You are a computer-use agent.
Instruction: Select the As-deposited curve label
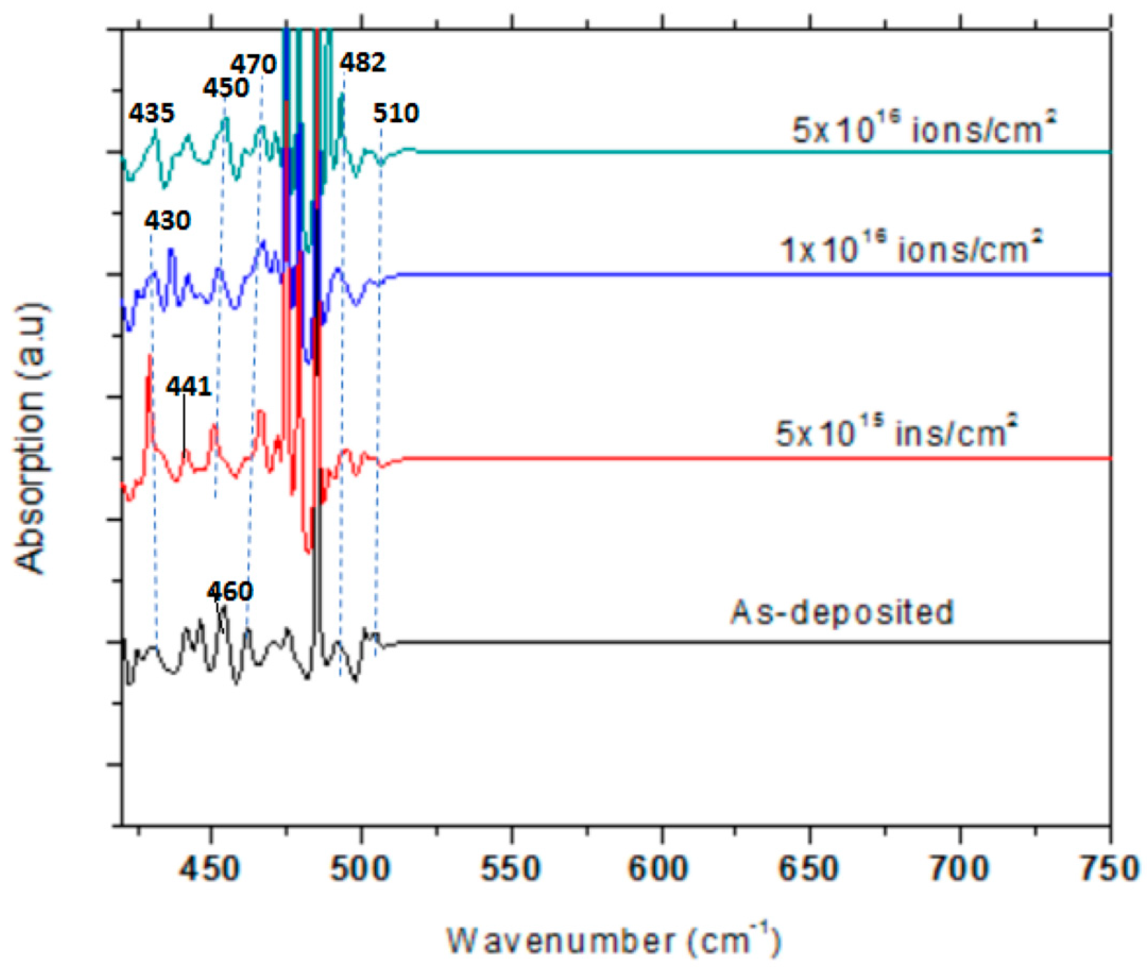[842, 612]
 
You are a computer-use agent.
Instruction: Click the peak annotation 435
[151, 113]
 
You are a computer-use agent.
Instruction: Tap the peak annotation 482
[362, 63]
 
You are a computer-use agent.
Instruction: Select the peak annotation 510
[396, 113]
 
